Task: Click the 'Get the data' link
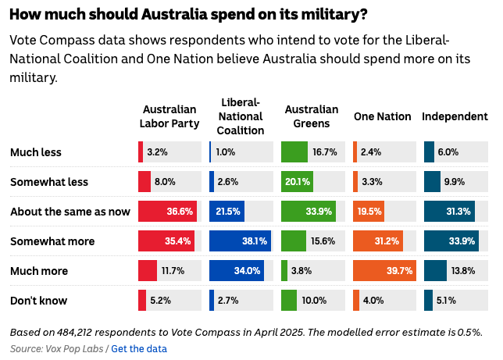(139, 348)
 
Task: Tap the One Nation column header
(382, 116)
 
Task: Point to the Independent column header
(455, 116)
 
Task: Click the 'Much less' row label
(35, 152)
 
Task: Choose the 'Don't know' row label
(38, 301)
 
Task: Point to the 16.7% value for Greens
(324, 152)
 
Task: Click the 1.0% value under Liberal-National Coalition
(226, 152)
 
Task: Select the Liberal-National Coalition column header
(240, 116)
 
